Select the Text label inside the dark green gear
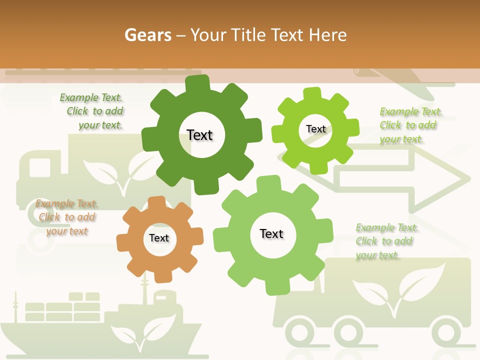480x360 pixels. point(199,135)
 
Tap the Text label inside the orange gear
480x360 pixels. point(159,238)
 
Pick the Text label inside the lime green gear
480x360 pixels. point(315,129)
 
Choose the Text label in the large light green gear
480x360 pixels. point(271,233)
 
